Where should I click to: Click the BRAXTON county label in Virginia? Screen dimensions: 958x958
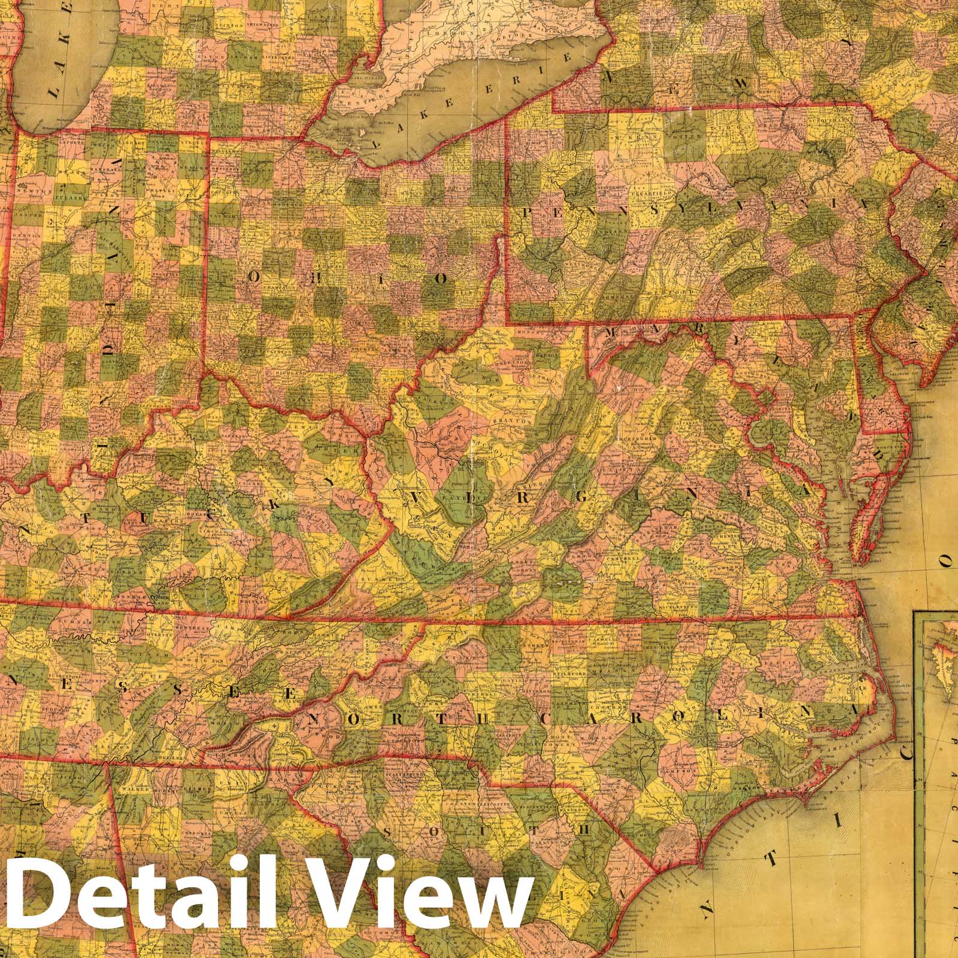(x=513, y=421)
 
